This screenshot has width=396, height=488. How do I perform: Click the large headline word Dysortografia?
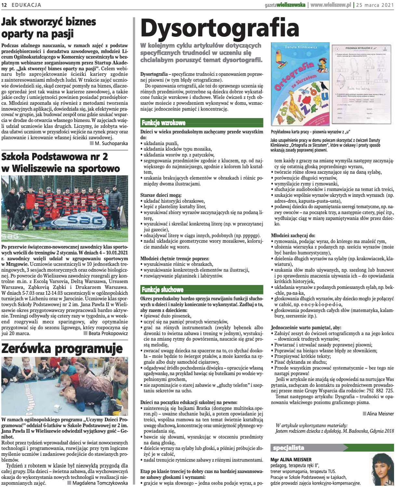(220, 29)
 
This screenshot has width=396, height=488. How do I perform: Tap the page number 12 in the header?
(5, 5)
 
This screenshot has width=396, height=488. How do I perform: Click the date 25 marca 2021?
(375, 5)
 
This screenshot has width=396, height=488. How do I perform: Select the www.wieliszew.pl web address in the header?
(331, 5)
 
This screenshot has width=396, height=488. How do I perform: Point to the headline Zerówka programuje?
(62, 348)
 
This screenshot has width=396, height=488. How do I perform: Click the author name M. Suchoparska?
(111, 143)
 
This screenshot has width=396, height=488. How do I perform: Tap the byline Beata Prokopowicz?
(108, 333)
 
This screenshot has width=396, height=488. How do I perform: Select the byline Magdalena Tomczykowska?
(100, 483)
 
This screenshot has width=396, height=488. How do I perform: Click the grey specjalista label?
(289, 448)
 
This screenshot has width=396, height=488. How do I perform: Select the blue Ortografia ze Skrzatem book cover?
(299, 85)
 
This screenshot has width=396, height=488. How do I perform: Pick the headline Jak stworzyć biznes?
(49, 22)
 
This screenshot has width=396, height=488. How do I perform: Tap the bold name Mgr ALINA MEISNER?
(291, 460)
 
